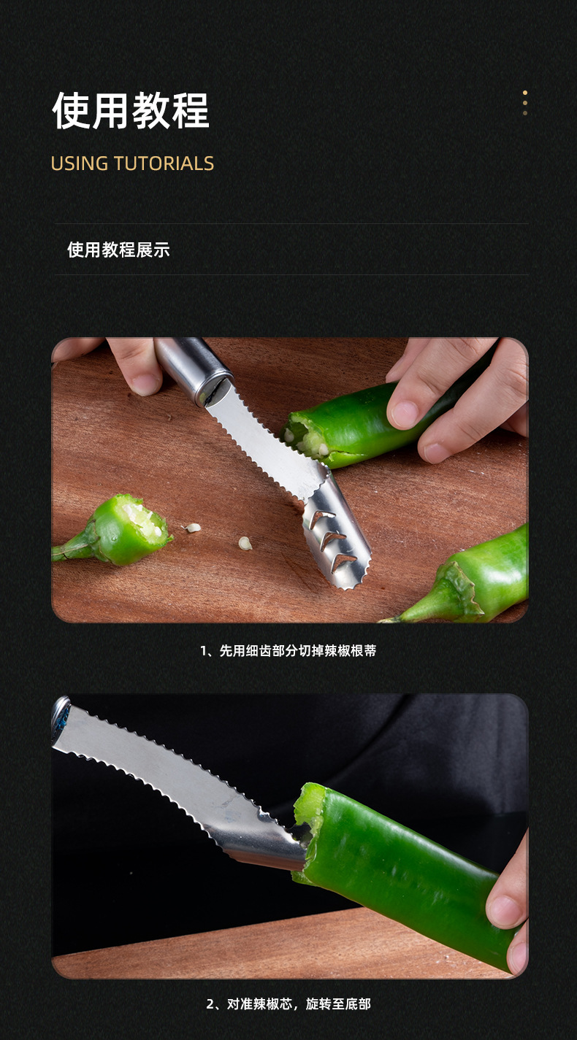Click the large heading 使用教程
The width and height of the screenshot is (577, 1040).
coord(131,111)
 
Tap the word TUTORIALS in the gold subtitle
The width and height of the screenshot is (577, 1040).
coord(164,163)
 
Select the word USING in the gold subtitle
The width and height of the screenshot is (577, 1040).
coord(80,163)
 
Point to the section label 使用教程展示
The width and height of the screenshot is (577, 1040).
coord(118,250)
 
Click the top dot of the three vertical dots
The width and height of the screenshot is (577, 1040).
coord(524,93)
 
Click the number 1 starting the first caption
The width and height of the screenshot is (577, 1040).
coord(204,650)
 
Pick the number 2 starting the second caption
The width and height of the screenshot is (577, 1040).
coord(210,1004)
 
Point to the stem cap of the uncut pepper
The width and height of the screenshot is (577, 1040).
coord(454,591)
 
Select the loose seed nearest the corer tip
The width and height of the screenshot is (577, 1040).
coord(245,542)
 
